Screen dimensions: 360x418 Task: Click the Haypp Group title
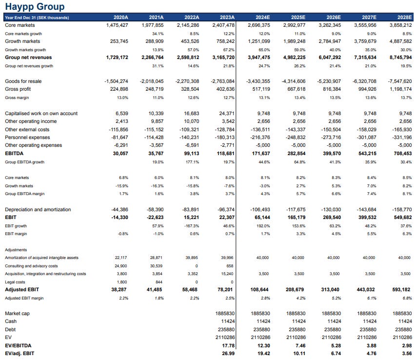click(35, 7)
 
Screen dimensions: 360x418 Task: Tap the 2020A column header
click(121, 18)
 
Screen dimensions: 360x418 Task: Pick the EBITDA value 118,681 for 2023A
click(224, 154)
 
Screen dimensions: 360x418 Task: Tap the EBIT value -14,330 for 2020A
click(119, 218)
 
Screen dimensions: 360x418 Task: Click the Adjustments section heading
click(16, 250)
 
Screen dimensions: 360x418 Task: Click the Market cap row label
click(17, 313)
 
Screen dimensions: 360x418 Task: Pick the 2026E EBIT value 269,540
click(330, 218)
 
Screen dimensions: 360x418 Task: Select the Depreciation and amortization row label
click(38, 209)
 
